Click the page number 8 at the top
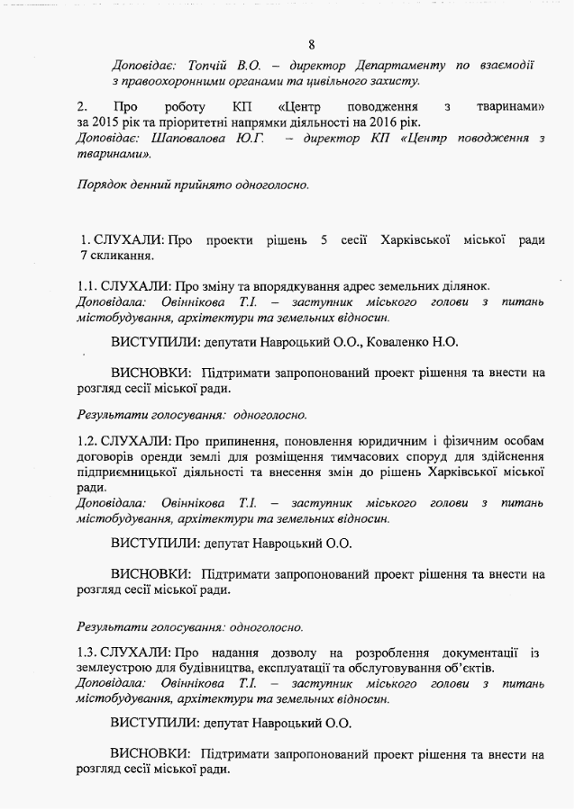click(x=311, y=44)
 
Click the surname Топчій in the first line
click(x=209, y=66)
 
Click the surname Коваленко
click(x=405, y=342)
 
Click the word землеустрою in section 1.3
click(x=114, y=668)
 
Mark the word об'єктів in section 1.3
click(x=463, y=668)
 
